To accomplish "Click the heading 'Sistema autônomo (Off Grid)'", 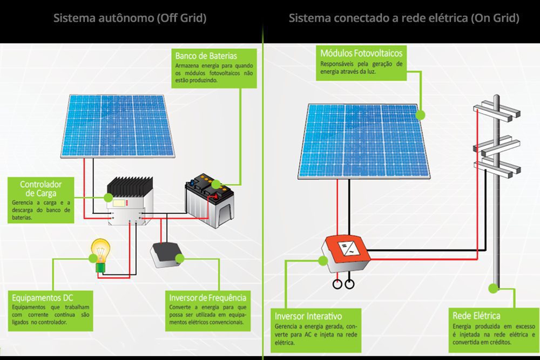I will coord(130,18).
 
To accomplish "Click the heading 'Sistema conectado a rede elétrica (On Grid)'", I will coord(404,18).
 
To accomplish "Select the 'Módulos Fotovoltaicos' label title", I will coord(361,53).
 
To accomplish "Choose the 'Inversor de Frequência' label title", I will coord(208,298).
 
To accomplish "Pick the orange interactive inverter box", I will coord(345,249).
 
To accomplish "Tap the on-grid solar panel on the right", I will coord(364,140).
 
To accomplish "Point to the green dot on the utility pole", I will coord(494,288).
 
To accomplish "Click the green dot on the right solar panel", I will coord(420,114).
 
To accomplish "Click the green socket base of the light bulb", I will coord(100,267).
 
